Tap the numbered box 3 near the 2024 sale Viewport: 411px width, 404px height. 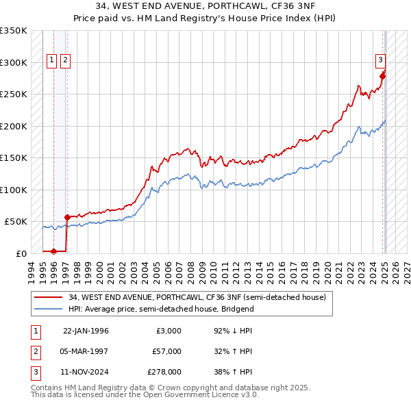(380, 60)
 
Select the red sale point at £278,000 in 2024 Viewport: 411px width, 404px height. (382, 77)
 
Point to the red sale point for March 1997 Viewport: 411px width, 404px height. (67, 217)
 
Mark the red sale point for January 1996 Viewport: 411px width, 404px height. (53, 251)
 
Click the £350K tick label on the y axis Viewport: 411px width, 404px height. (13, 31)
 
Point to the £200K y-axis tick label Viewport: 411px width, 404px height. (13, 126)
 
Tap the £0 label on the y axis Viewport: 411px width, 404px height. (20, 253)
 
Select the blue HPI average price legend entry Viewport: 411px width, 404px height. (161, 309)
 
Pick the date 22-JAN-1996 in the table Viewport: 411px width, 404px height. (86, 331)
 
